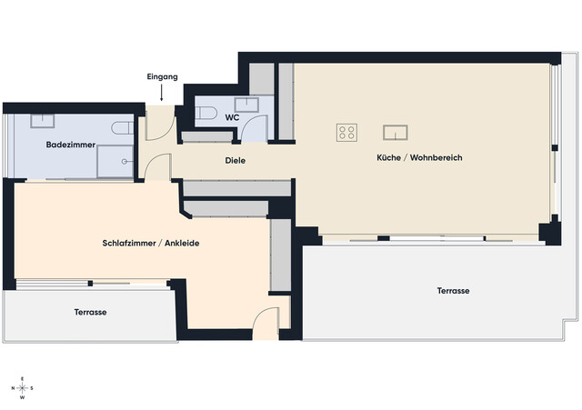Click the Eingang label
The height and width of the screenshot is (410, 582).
[x=162, y=76]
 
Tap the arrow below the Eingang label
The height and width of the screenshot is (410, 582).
[x=162, y=93]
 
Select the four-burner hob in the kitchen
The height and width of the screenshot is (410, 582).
[x=347, y=133]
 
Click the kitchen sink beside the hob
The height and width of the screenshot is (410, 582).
[x=396, y=133]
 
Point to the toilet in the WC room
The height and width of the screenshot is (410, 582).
[x=206, y=113]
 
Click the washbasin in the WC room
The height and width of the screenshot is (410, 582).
[x=246, y=105]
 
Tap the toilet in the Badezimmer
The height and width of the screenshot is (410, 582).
[x=123, y=128]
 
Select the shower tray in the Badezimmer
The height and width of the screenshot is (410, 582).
[x=115, y=162]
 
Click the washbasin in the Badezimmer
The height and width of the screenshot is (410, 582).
[x=43, y=121]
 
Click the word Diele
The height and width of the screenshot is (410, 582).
[x=236, y=161]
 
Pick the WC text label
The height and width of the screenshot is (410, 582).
[x=232, y=117]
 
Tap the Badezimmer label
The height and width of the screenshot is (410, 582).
[x=71, y=145]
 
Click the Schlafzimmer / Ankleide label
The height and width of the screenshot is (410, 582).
[x=151, y=244]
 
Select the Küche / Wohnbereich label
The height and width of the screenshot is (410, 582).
[x=419, y=157]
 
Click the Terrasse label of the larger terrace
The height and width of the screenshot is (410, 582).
[x=453, y=291]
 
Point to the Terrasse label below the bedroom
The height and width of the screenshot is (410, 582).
[x=90, y=313]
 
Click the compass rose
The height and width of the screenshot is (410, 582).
[x=22, y=388]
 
